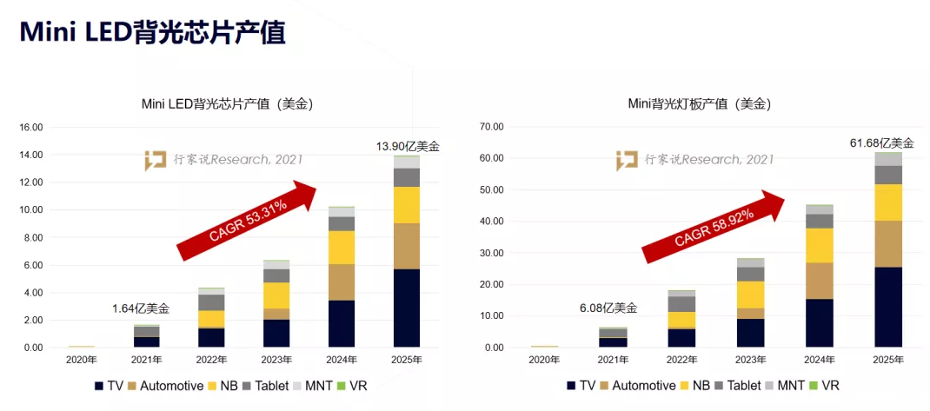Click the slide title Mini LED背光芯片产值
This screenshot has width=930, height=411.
[152, 31]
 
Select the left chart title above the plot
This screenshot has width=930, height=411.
[227, 103]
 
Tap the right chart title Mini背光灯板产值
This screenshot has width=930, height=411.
[700, 103]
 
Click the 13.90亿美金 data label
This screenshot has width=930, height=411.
[407, 146]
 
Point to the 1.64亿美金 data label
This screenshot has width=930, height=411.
[141, 308]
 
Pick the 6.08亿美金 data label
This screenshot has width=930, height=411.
[608, 308]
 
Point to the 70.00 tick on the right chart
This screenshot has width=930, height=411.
[491, 127]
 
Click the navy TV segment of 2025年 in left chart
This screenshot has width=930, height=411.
[407, 308]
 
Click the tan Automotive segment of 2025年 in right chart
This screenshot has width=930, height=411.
[888, 243]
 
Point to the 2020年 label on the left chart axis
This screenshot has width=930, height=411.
[81, 360]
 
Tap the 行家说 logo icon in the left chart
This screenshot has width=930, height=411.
[156, 160]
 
